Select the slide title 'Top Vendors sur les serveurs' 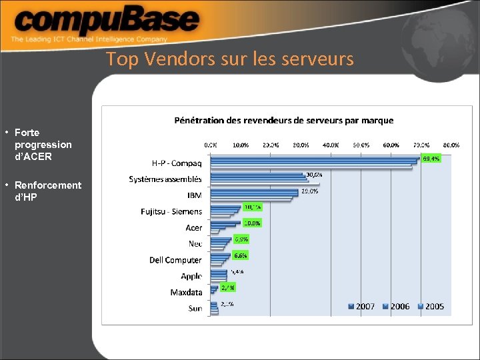[229, 59]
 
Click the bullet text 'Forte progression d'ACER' [43, 145]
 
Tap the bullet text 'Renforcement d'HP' [47, 191]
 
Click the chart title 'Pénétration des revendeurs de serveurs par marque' [283, 121]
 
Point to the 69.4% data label [431, 159]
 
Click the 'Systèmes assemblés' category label [165, 179]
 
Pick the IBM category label [194, 195]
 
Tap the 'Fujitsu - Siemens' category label [171, 211]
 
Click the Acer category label [193, 228]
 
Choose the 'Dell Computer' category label [175, 260]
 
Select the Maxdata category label [186, 293]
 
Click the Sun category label [195, 309]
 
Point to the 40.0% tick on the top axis [331, 145]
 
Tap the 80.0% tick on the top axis [451, 145]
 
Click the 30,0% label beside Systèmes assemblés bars [313, 175]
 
